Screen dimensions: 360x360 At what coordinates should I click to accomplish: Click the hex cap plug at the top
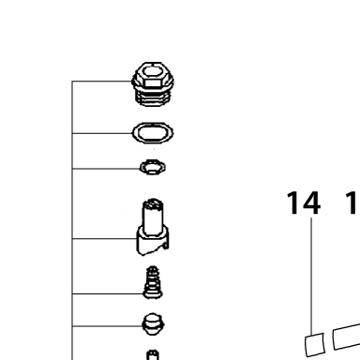153,83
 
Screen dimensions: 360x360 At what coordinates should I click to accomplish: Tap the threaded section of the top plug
153,97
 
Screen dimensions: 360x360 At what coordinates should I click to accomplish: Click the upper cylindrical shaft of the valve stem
153,216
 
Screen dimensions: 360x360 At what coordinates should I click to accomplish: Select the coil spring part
153,282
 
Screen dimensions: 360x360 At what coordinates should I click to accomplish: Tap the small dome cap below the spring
153,324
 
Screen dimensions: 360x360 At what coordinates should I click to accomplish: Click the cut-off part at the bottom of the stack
153,355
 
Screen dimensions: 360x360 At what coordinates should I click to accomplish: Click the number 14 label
304,203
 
